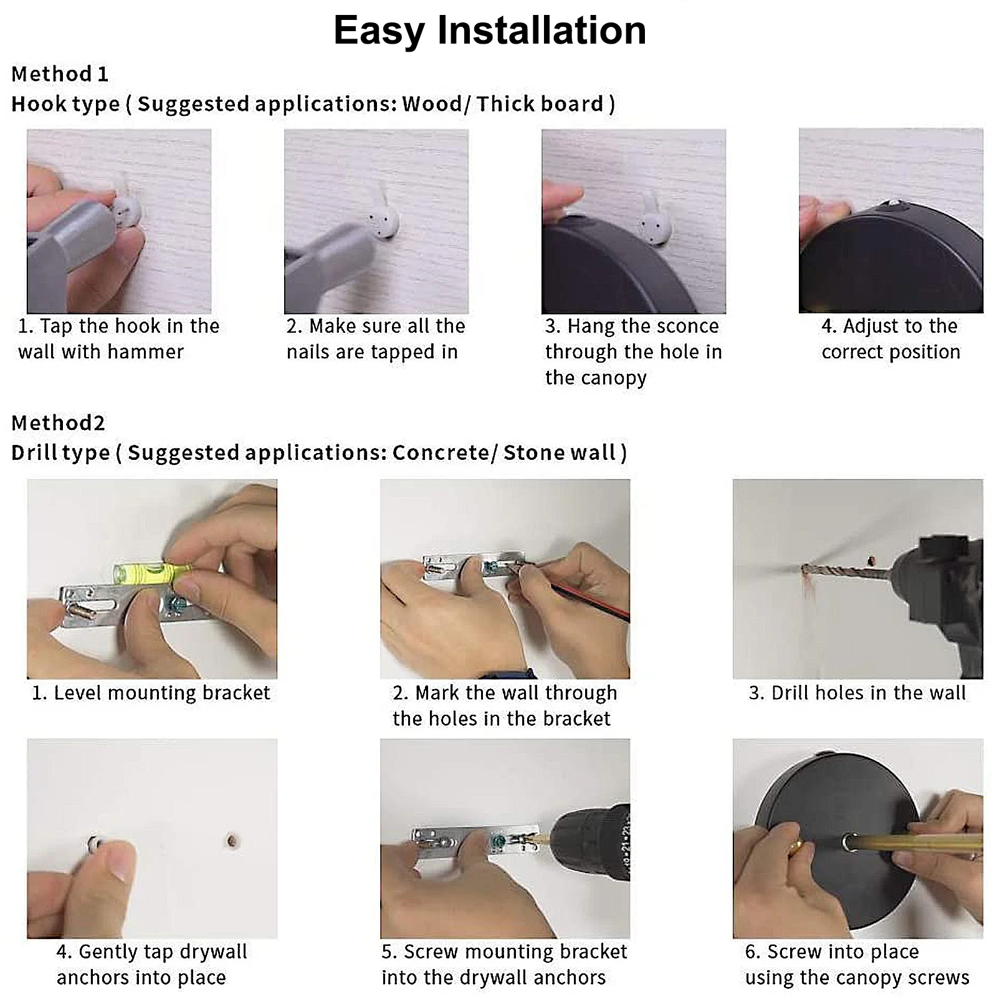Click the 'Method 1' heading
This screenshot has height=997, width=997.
[x=60, y=74]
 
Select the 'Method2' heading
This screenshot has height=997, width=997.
[x=59, y=423]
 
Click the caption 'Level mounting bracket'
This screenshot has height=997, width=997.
[x=151, y=693]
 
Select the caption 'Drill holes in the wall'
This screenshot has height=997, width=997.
[x=857, y=693]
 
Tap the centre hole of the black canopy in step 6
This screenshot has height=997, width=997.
[x=849, y=843]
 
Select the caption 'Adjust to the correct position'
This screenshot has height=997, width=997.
[x=891, y=339]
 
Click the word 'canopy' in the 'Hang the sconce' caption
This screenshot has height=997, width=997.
[x=613, y=378]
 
